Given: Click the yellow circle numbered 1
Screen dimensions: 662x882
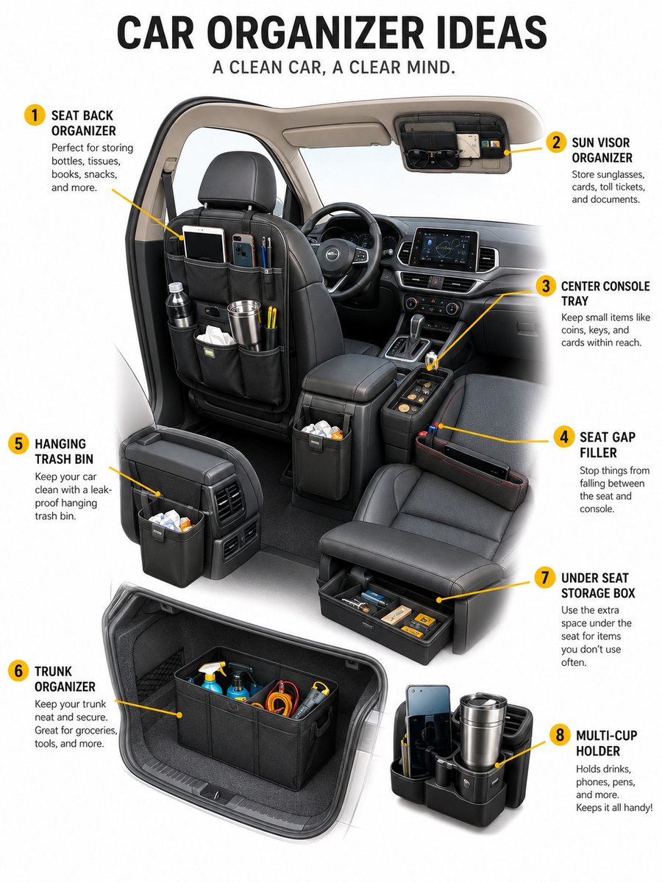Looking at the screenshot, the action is tap(35, 115).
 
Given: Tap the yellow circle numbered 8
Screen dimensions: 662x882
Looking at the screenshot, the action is tap(560, 735).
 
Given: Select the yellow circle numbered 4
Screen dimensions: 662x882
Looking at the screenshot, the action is tap(564, 437).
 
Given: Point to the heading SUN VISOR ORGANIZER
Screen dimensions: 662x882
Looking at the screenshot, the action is tap(602, 150).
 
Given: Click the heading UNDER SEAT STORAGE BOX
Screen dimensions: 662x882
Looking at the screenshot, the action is tap(598, 586).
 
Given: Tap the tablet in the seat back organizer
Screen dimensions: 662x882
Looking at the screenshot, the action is tap(204, 243).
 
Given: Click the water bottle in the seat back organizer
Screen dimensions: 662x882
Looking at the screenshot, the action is tap(179, 304).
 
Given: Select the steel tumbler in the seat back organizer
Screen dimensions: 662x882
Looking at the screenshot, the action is tap(245, 323).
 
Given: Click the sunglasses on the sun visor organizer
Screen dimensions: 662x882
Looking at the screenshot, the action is tap(432, 157).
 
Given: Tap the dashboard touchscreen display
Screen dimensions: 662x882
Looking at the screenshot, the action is tap(443, 249).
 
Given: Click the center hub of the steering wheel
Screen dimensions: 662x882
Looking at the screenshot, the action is tap(332, 252).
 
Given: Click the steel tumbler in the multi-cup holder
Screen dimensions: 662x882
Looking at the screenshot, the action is tap(483, 729).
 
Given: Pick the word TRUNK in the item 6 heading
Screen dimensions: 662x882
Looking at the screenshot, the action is tap(53, 671).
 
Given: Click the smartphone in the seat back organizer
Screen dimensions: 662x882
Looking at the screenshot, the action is tap(243, 251).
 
